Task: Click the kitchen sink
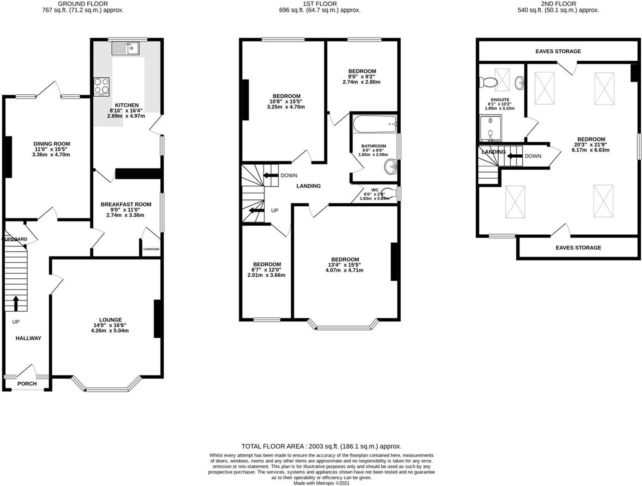click(x=125, y=48)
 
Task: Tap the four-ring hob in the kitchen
click(x=101, y=87)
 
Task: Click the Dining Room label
click(x=52, y=144)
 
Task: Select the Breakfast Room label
click(x=126, y=204)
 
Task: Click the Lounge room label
click(x=110, y=320)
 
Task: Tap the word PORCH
click(x=27, y=384)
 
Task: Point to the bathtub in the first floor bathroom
click(x=375, y=124)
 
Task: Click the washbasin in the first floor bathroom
click(x=391, y=167)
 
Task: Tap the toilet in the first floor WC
click(x=389, y=194)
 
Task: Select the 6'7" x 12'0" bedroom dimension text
click(x=266, y=270)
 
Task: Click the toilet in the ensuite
click(x=487, y=82)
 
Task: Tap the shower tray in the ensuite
click(x=490, y=128)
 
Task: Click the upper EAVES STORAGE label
click(x=558, y=51)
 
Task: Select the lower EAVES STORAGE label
click(x=578, y=247)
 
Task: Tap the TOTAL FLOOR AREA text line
click(x=321, y=446)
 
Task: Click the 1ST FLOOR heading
click(x=320, y=4)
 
